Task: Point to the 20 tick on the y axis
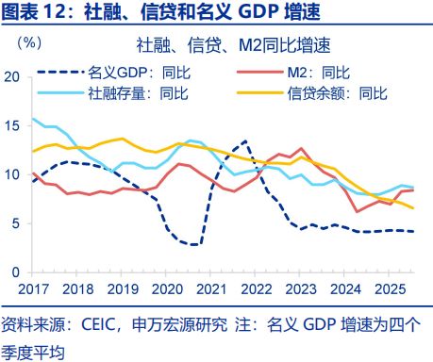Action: [x=12, y=76]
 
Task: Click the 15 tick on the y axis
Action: [x=12, y=125]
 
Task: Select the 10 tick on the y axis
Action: [x=12, y=174]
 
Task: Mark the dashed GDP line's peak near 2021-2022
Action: [x=245, y=141]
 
